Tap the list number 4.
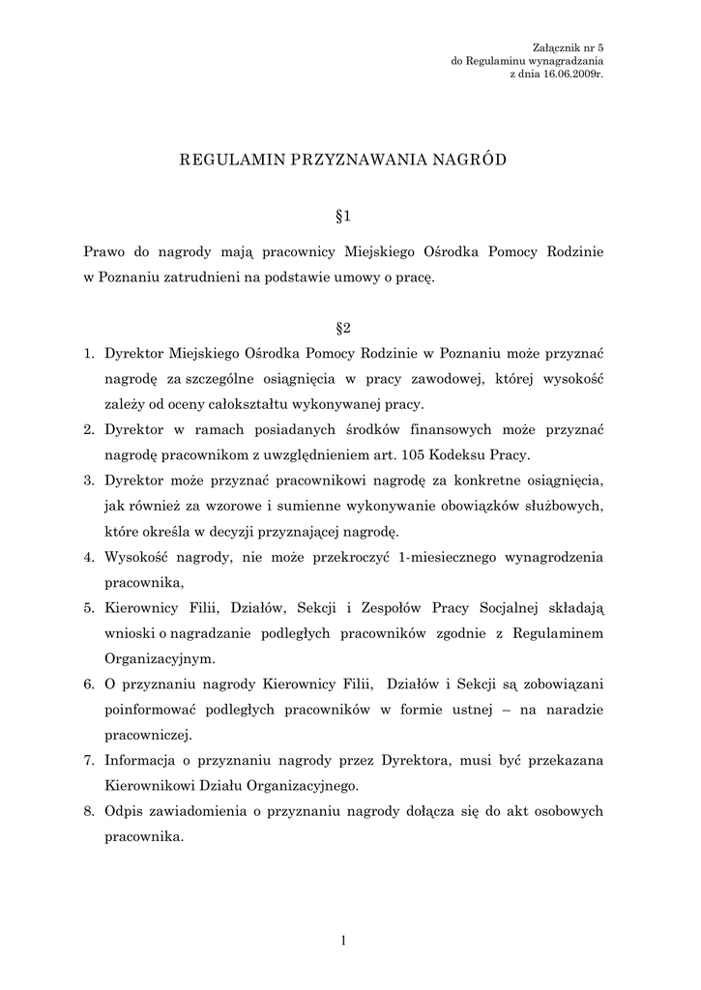pyautogui.click(x=87, y=557)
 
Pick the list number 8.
pyautogui.click(x=87, y=809)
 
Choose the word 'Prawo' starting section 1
pyautogui.click(x=105, y=252)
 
